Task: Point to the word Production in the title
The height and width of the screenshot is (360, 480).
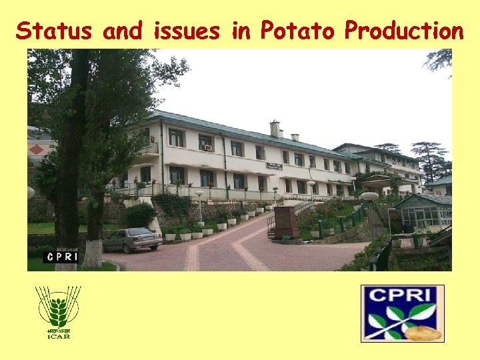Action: pos(403,31)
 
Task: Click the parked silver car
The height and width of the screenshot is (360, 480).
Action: pos(131,240)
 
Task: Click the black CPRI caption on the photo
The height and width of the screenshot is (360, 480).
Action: pos(62,257)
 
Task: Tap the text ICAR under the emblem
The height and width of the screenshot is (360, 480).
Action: pos(58,336)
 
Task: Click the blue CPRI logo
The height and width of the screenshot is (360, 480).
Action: pos(402,313)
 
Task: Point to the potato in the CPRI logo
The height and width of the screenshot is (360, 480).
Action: pos(423,333)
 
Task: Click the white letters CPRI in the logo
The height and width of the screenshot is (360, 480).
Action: pos(402,295)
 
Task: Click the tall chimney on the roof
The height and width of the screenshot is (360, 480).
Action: pos(274,129)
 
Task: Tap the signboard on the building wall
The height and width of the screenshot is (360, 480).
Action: pos(274,165)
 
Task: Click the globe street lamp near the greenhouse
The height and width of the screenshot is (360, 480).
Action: pos(369,197)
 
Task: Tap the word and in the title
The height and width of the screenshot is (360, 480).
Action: pos(124,31)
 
